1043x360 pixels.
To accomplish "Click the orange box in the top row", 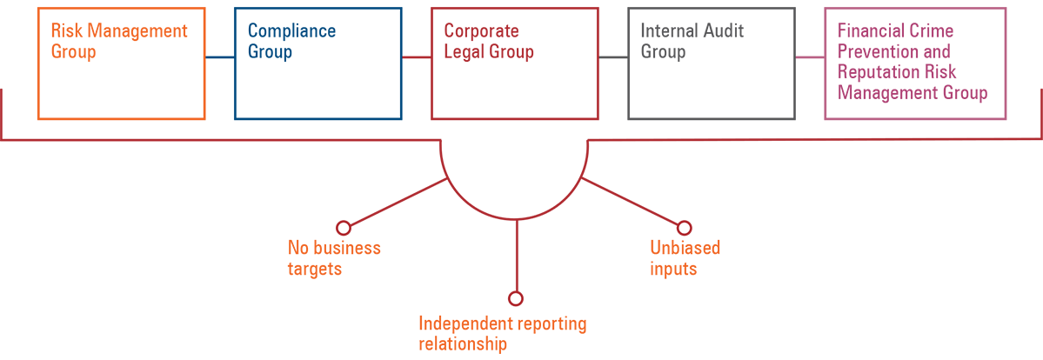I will (113, 65).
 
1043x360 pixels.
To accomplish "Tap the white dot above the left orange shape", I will (344, 228).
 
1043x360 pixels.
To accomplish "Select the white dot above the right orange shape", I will (685, 228).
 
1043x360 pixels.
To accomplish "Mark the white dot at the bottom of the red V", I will (515, 299).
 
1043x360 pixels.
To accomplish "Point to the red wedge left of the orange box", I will (9, 96).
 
